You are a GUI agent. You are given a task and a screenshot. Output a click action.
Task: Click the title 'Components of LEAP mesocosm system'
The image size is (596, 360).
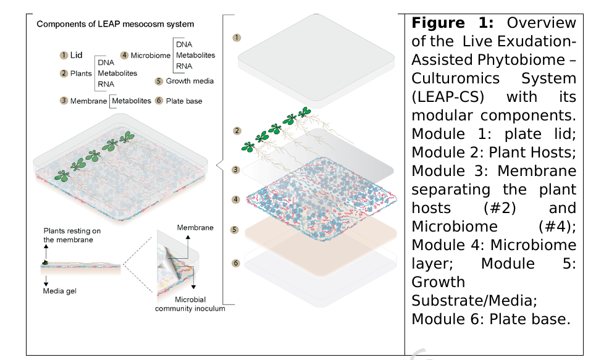pos(115,24)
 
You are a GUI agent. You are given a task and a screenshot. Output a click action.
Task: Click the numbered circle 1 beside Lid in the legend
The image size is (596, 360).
pos(64,56)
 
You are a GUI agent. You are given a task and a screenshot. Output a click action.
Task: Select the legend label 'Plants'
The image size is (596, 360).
pos(81,73)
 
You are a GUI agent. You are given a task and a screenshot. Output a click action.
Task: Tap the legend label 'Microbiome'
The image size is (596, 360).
pos(151,56)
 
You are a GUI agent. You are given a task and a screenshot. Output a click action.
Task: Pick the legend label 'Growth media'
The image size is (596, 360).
pos(190,81)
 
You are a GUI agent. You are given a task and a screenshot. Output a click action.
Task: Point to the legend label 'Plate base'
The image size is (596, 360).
pos(184,101)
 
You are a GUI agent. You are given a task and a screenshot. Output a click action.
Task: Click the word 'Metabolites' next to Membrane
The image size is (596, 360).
pos(132,101)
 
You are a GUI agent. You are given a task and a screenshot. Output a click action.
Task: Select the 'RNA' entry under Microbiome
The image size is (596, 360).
pos(184,66)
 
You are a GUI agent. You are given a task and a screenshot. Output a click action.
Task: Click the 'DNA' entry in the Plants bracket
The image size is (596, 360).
pos(106,63)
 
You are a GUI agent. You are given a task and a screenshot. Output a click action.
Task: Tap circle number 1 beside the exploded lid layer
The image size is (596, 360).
pos(237,38)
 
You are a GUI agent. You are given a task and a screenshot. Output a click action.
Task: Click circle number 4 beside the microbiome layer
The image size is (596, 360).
pos(236,199)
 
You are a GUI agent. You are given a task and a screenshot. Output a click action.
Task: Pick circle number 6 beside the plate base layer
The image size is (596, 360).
pos(236,263)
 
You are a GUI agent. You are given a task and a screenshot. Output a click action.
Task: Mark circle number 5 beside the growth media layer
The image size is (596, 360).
pos(235,230)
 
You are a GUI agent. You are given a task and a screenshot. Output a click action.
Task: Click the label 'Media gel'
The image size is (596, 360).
pos(60,291)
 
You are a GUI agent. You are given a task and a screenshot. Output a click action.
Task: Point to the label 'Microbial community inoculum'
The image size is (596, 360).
pos(190,304)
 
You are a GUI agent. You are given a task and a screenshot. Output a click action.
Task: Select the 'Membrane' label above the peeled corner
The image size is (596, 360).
pos(195,228)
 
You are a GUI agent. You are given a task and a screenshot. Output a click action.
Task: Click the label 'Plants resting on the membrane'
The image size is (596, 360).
pos(72,235)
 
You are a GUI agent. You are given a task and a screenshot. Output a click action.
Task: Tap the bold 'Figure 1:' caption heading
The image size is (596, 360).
pos(453,23)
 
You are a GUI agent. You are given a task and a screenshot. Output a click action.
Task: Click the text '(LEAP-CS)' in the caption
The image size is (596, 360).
pos(448,96)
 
